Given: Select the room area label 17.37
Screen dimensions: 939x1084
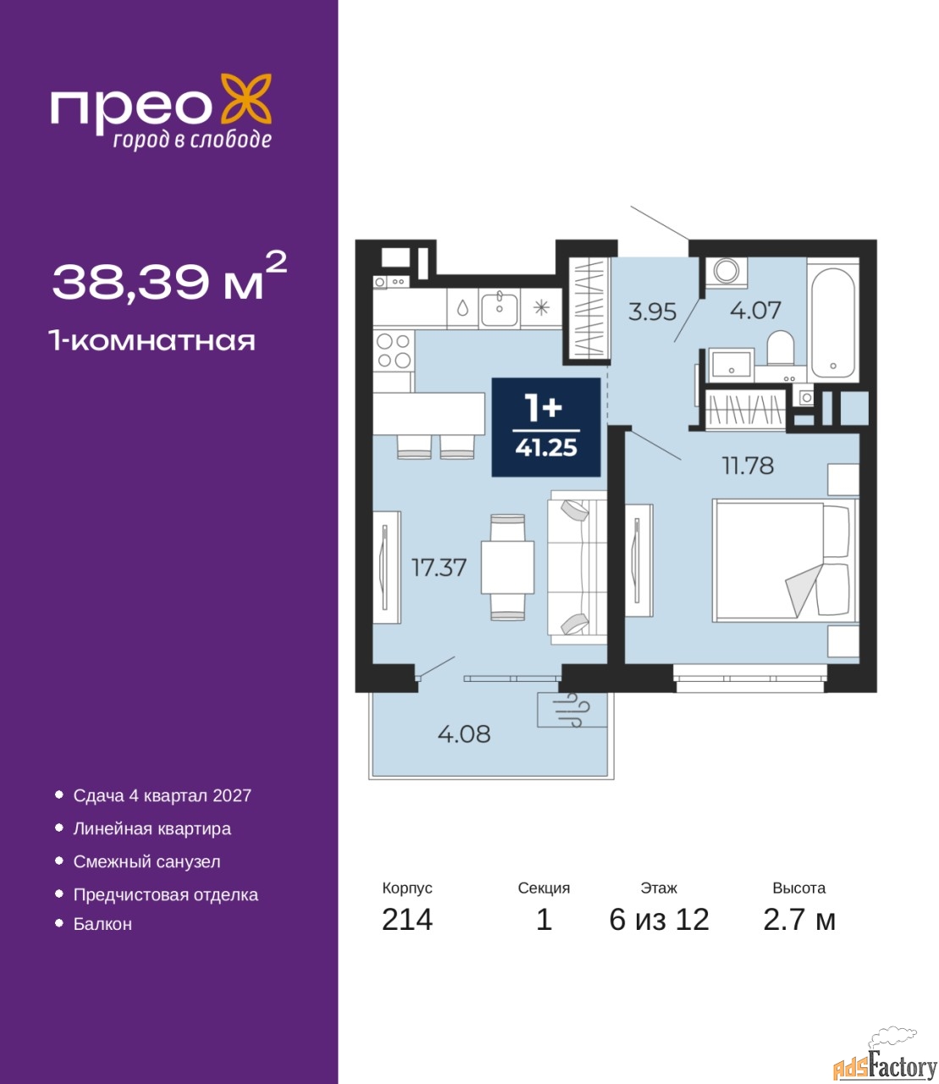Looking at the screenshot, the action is coord(439,567).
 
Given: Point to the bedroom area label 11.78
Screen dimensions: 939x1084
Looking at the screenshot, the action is coord(748,466).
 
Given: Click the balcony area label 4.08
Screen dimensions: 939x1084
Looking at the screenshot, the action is coord(464,734).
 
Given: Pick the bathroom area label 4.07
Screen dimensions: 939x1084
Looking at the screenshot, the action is coord(755,311).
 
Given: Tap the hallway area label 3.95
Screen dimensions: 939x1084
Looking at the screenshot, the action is coord(652,312).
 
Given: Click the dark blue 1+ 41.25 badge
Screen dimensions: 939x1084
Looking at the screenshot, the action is coord(546,428).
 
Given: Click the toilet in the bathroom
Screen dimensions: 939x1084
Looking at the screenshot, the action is coord(780,348).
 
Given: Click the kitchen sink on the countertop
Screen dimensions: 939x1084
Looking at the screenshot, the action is coord(499,309).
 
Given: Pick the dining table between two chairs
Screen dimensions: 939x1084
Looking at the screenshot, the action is coord(507,567).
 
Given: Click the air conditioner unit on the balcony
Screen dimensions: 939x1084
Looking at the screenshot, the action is coord(572,710).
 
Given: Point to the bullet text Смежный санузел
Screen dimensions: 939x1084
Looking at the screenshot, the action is coord(146,861).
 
